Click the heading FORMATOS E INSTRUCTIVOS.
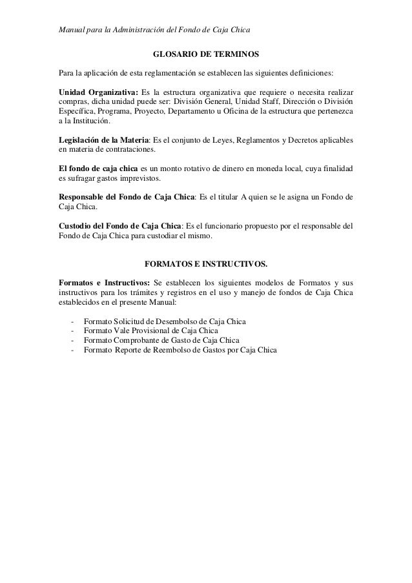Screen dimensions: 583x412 tap(205, 264)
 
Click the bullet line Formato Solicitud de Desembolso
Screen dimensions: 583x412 tap(165, 321)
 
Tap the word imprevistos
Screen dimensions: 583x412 tap(126, 178)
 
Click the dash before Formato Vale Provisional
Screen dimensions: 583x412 tap(75, 331)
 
